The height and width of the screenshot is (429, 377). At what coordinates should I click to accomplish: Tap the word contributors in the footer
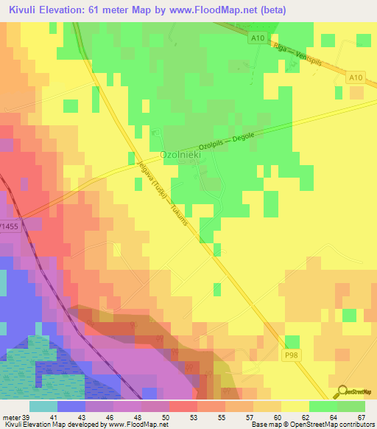pos(354,425)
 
